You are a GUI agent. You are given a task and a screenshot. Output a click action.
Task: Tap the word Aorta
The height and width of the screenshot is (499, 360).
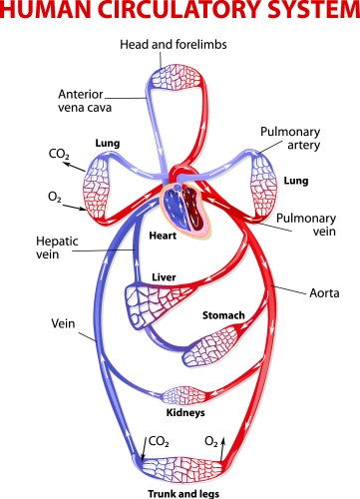[x=321, y=293]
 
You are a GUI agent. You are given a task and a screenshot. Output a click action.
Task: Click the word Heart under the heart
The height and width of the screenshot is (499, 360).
[x=162, y=237]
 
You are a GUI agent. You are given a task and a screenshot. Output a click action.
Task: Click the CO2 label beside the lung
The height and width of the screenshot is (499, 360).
[x=59, y=156]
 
